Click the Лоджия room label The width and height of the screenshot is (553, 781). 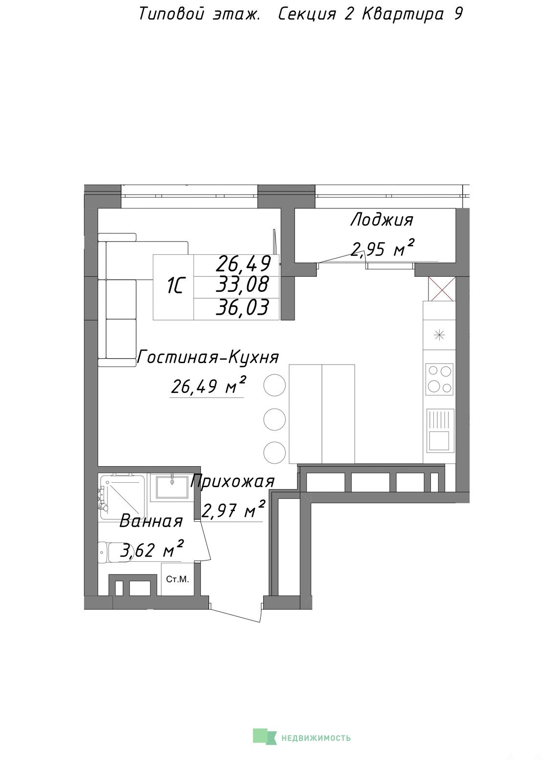point(382,221)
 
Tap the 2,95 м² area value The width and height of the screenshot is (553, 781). point(383,248)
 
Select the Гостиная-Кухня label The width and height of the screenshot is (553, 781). point(208,357)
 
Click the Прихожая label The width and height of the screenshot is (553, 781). point(233,481)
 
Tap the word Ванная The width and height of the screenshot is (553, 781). point(151,522)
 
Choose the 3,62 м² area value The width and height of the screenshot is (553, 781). point(151,550)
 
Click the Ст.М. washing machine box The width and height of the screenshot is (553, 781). point(178,579)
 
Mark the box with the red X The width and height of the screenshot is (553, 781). point(441,289)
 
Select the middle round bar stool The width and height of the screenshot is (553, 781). point(275,419)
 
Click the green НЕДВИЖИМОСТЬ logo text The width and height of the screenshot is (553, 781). point(316,738)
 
